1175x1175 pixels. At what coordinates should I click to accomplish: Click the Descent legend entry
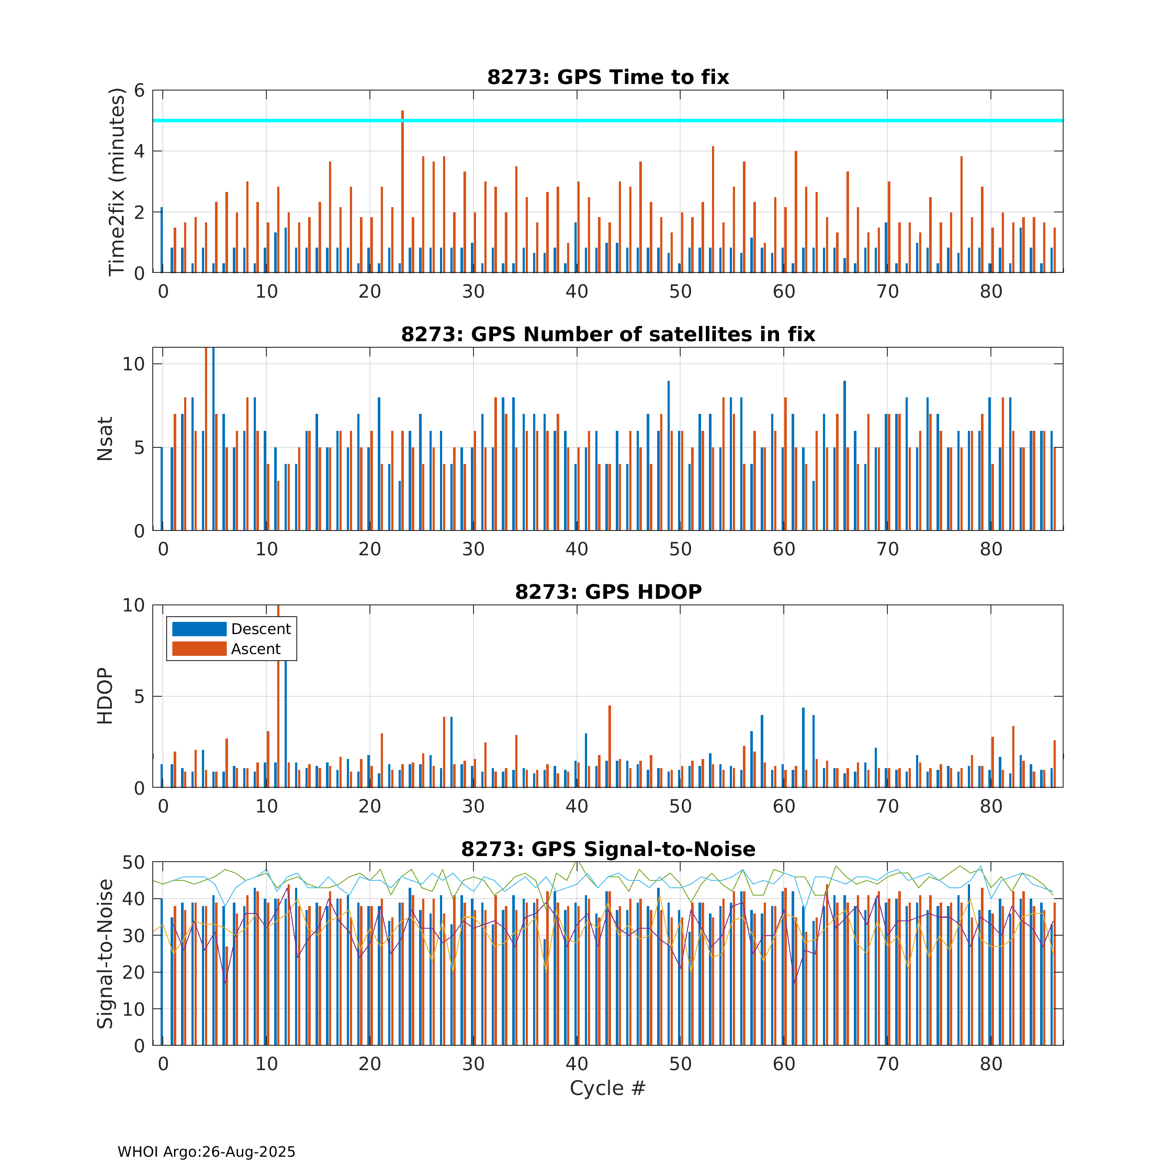(x=231, y=629)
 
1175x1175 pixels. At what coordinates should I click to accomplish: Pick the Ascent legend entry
(x=226, y=649)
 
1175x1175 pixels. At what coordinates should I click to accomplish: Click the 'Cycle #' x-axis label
(x=607, y=1088)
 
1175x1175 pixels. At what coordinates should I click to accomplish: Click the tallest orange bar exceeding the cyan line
(x=403, y=182)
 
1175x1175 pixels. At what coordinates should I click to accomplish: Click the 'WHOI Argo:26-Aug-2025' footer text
(x=206, y=1152)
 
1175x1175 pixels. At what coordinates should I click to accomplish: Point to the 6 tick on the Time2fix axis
(x=139, y=91)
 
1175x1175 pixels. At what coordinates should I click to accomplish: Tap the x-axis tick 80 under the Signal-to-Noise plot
(x=991, y=1064)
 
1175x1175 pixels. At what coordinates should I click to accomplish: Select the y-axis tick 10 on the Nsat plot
(x=133, y=364)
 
